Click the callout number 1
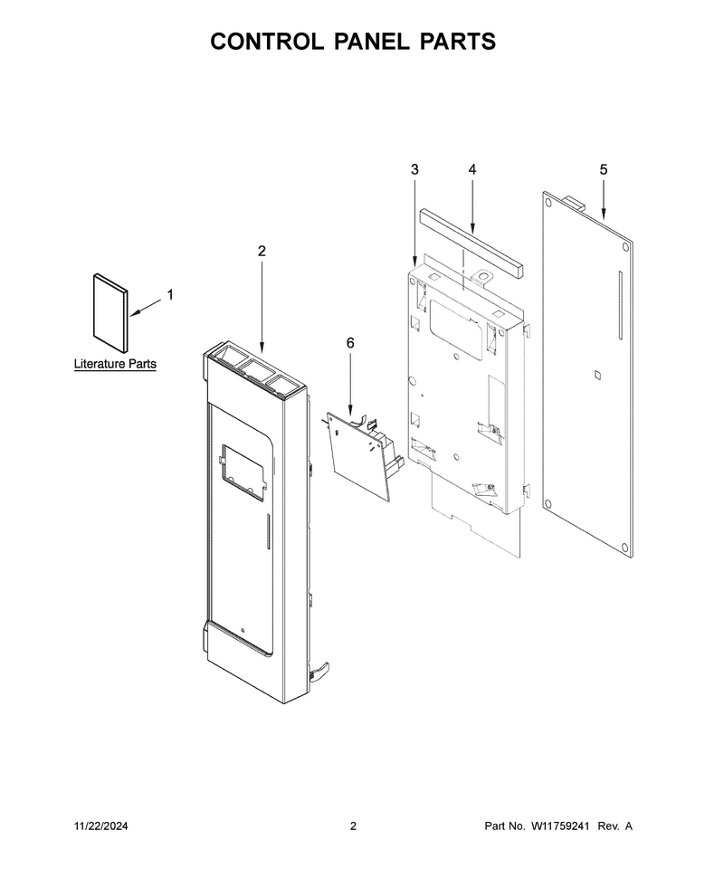tap(170, 294)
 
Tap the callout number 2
tap(262, 252)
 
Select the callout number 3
tap(414, 169)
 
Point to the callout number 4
tap(472, 169)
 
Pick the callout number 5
tap(603, 169)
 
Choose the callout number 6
tap(350, 343)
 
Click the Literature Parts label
tap(115, 364)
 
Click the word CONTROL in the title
tap(267, 42)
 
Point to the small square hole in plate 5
tap(597, 375)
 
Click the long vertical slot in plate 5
tap(620, 306)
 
